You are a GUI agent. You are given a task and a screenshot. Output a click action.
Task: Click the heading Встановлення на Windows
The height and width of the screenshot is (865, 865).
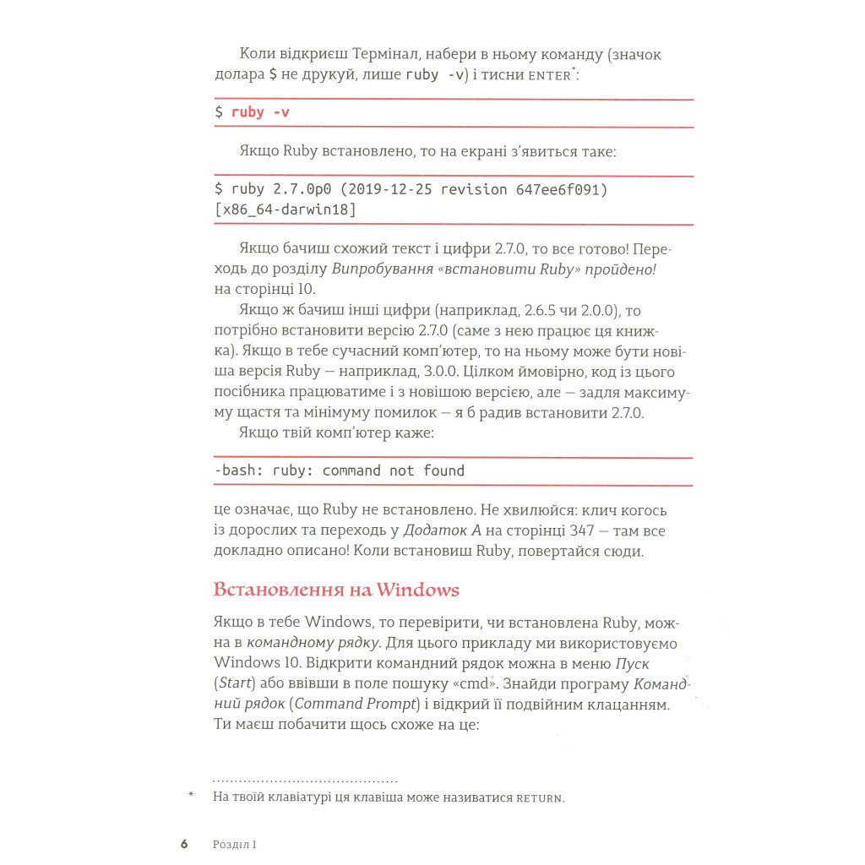pos(336,590)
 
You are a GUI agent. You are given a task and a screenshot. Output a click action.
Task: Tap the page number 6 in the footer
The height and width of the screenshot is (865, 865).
pos(183,843)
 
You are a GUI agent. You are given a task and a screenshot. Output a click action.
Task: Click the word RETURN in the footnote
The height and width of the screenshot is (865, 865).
pos(539,797)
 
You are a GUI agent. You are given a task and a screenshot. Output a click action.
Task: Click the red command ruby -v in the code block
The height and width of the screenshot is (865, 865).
pos(260,112)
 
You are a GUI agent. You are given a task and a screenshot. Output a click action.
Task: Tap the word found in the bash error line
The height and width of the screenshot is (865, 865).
pos(443,471)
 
